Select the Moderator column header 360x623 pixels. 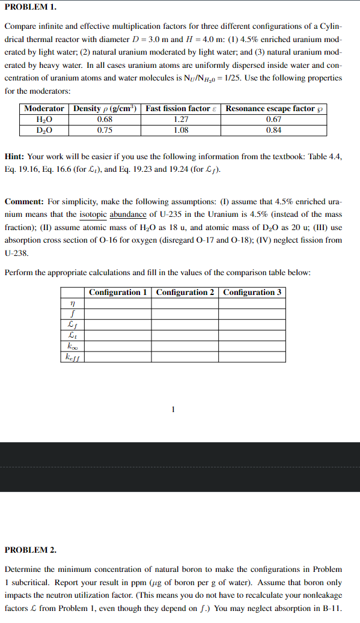pyautogui.click(x=44, y=108)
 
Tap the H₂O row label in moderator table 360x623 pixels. pyautogui.click(x=44, y=119)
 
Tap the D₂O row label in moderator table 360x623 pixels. pyautogui.click(x=44, y=130)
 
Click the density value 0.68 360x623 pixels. pyautogui.click(x=105, y=119)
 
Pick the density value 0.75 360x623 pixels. pyautogui.click(x=105, y=130)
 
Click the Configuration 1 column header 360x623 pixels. pyautogui.click(x=118, y=292)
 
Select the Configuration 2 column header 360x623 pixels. pyautogui.click(x=185, y=292)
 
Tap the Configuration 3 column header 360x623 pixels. pyautogui.click(x=252, y=292)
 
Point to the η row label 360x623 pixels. pyautogui.click(x=73, y=304)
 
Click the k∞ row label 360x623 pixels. pyautogui.click(x=73, y=347)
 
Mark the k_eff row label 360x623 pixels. pyautogui.click(x=73, y=357)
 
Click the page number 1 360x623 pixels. pyautogui.click(x=173, y=410)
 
